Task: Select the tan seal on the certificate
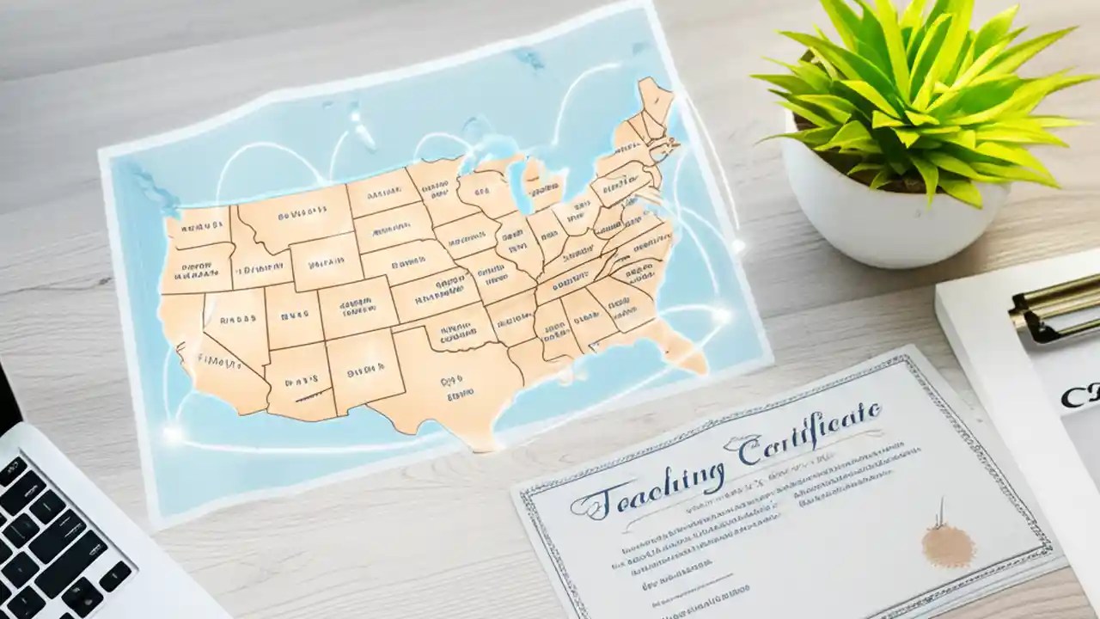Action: click(x=949, y=542)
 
